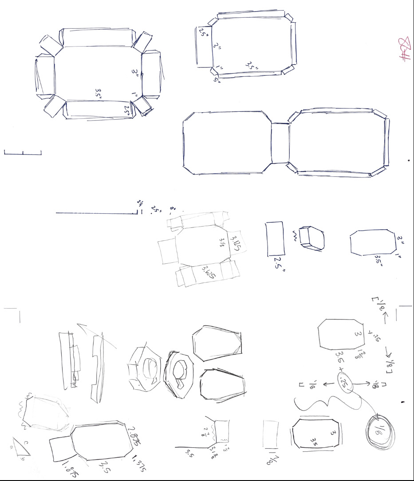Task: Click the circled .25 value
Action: [x=344, y=381]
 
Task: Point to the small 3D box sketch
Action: [x=311, y=238]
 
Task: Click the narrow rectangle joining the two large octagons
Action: [x=280, y=143]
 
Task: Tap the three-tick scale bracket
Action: [x=23, y=153]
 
